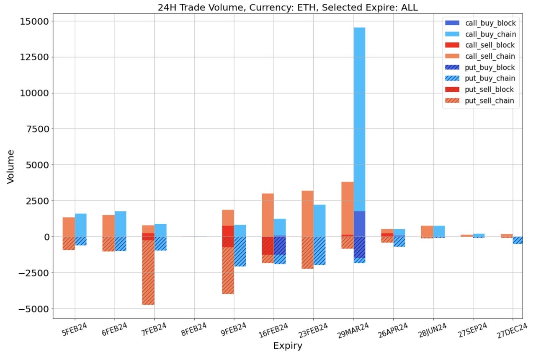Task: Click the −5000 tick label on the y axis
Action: [33, 309]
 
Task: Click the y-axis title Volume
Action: [11, 166]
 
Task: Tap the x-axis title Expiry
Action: [287, 346]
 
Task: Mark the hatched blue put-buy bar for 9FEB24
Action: [240, 251]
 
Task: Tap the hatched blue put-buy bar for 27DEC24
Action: [518, 240]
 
